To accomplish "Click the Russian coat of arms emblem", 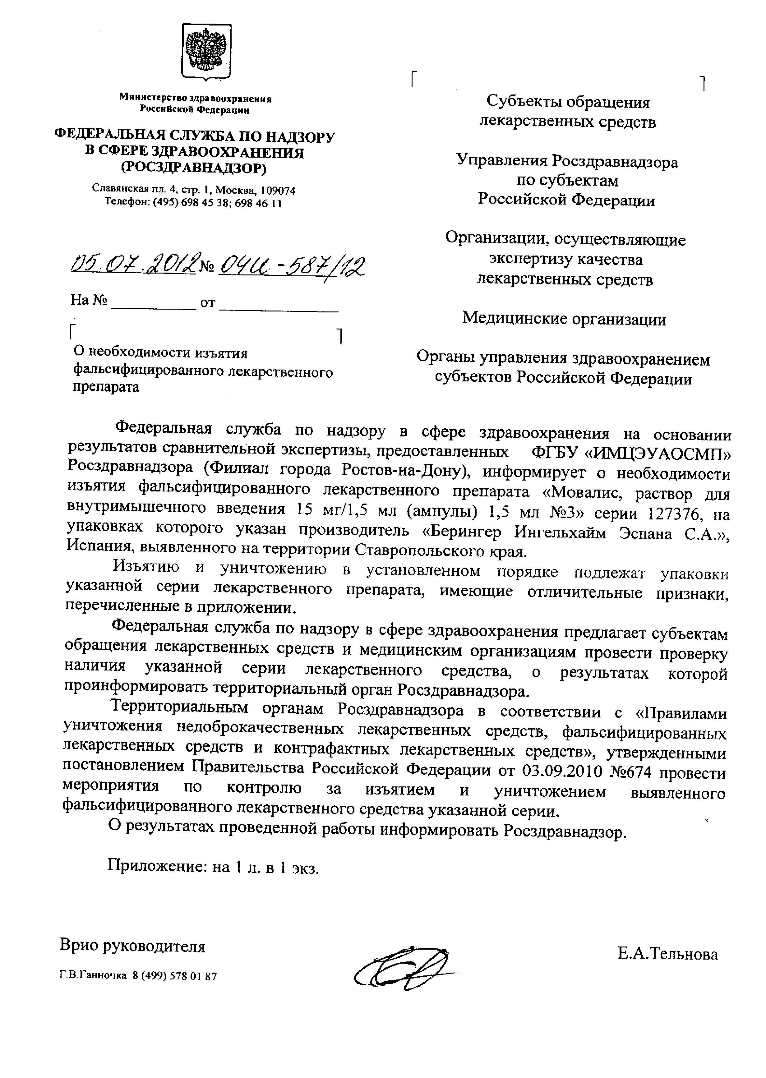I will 206,51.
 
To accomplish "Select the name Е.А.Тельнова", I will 667,954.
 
